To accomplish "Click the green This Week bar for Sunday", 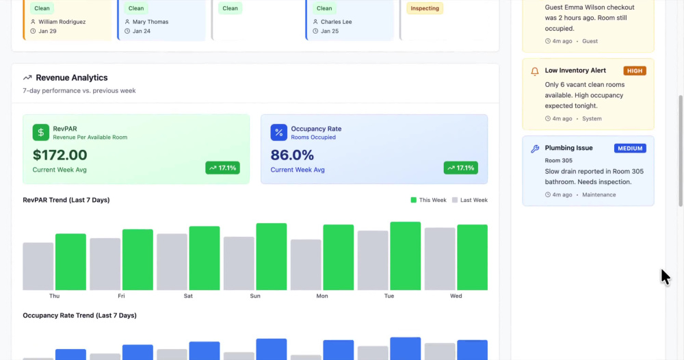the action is tap(272, 257).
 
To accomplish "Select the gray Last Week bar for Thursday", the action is tap(38, 266).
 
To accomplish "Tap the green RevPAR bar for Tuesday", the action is tap(405, 256).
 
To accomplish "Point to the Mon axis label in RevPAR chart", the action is tap(322, 296).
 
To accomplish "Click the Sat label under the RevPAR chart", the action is tap(188, 296).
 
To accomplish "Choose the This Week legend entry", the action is tap(428, 200).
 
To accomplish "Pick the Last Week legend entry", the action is tap(470, 200).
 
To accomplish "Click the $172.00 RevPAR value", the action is tap(60, 155).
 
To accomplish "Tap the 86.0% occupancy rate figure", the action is tap(292, 155).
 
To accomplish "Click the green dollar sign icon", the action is tap(41, 132).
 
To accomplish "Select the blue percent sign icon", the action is tap(279, 132).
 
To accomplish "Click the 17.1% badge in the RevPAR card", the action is tap(222, 168).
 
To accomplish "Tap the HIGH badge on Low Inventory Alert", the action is tap(635, 70).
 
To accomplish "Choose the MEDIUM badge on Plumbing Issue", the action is tap(630, 149).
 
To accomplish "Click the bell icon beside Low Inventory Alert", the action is tap(535, 72).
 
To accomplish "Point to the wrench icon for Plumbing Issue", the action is tap(535, 149).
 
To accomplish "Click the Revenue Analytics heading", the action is tap(72, 77).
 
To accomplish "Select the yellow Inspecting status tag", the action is tap(425, 8).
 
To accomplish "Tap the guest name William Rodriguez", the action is tap(62, 22).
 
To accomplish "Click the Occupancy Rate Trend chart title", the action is tap(80, 315).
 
